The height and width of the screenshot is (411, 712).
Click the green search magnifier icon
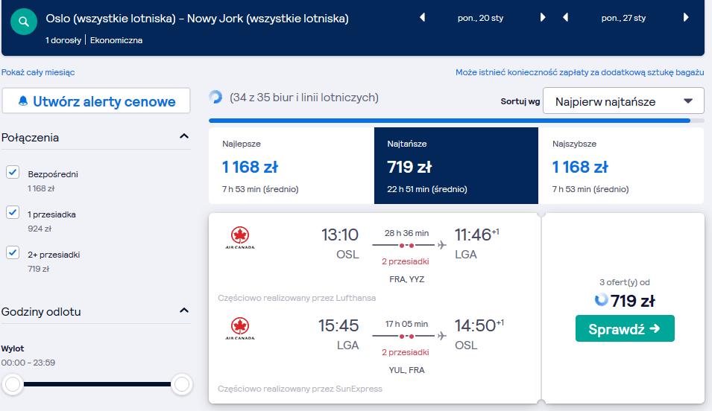coord(24,22)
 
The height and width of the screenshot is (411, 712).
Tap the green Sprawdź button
coord(625,328)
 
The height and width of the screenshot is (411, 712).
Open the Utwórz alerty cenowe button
coord(96,101)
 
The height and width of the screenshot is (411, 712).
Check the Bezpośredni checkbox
coord(13,173)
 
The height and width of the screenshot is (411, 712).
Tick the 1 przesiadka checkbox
coord(13,212)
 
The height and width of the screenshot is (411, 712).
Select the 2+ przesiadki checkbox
coord(13,252)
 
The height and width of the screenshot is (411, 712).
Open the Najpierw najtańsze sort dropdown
coord(623,101)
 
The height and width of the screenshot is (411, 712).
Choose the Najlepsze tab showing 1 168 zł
coord(292,165)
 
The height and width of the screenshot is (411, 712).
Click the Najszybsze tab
coord(621,165)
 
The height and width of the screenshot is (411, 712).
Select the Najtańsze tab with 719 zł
coord(456,165)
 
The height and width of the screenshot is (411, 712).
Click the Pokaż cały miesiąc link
coord(38,72)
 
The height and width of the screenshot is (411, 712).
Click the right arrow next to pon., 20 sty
coord(543,18)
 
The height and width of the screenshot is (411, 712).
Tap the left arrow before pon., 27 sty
coord(565,18)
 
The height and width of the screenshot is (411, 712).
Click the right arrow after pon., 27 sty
coord(686,18)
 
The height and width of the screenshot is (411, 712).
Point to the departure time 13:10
coord(340,235)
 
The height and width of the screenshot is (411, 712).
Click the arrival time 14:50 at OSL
coord(475,325)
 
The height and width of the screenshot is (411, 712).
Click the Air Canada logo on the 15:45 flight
coord(240,329)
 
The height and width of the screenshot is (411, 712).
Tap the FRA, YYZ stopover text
coord(407,279)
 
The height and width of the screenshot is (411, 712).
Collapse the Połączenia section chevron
coord(184,136)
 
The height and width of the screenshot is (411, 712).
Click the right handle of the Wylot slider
coord(182,384)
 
